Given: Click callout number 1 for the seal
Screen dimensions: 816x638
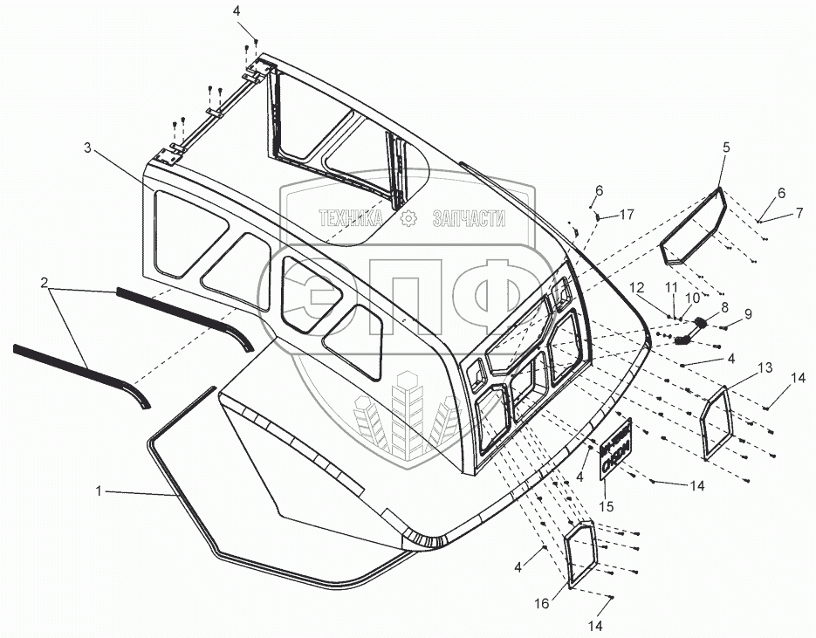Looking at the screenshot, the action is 100,491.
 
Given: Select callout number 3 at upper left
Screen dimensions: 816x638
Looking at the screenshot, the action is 87,147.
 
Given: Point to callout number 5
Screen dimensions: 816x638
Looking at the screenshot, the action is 725,147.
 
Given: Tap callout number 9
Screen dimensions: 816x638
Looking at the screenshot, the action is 747,313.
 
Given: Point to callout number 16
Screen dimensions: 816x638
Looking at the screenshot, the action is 543,602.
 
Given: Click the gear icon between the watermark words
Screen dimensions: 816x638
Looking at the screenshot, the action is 406,219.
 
